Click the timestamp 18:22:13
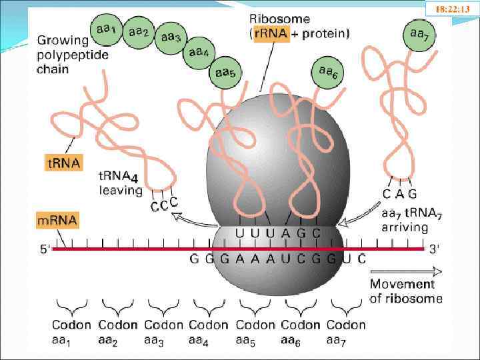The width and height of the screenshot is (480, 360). [453, 9]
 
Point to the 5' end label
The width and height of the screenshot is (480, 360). [45, 250]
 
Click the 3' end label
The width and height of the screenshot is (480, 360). [434, 249]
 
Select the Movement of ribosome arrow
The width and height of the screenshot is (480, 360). [407, 271]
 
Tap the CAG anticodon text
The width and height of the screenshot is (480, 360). [399, 194]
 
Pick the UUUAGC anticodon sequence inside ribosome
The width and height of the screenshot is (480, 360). [278, 233]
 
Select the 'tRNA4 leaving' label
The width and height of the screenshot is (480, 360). [119, 184]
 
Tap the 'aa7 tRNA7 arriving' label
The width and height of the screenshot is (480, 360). [405, 219]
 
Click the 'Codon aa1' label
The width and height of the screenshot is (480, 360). [71, 332]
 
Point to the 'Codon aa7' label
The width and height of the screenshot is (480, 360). [345, 332]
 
